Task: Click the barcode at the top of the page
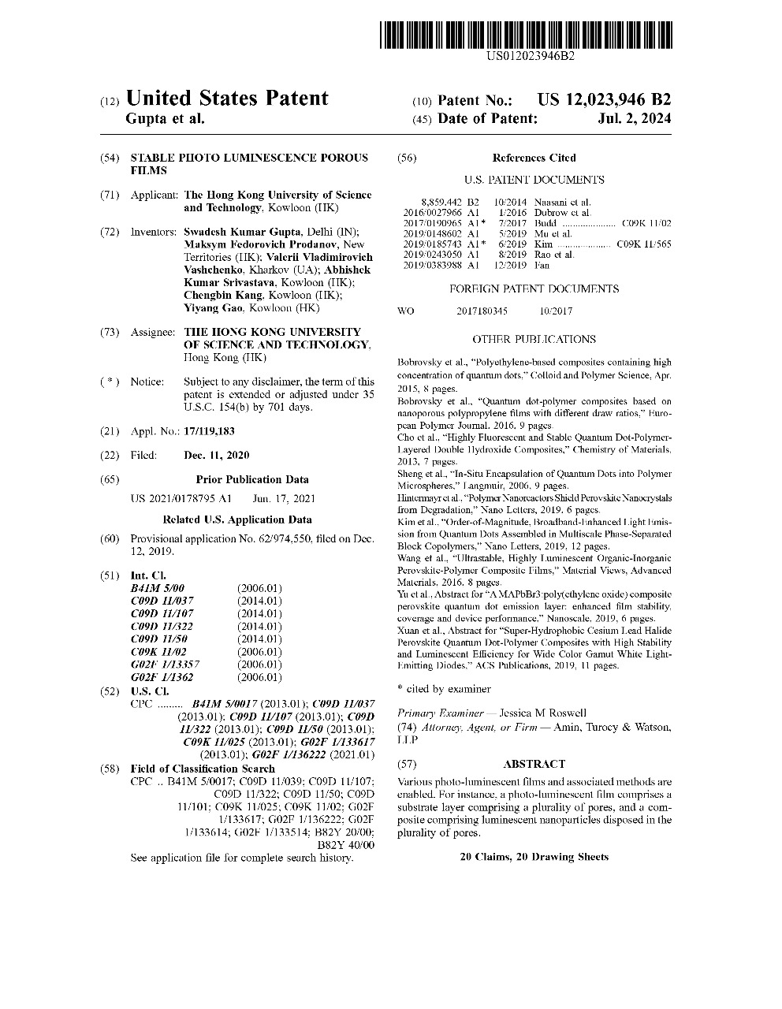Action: [526, 35]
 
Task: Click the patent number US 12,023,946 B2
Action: [604, 100]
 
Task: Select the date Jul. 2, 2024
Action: [635, 119]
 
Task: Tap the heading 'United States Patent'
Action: [227, 99]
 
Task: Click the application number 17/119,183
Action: [209, 432]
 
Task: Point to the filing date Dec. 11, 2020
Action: [216, 456]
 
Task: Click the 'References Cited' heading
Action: [534, 158]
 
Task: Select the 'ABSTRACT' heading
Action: [534, 764]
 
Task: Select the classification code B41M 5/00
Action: [157, 588]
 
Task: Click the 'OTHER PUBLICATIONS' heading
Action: [534, 340]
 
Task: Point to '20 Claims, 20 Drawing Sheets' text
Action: [534, 857]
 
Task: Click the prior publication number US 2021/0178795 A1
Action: [181, 498]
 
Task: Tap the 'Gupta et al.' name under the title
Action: [165, 119]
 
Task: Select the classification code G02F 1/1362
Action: [162, 677]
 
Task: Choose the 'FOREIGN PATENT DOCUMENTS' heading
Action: [534, 289]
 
